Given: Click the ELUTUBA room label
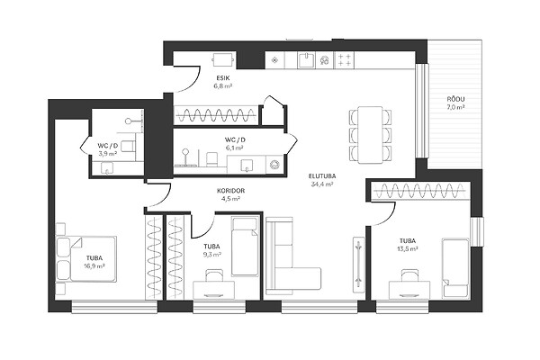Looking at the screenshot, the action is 322,176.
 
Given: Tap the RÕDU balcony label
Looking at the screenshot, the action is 455,99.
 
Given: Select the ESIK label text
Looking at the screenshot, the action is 223,78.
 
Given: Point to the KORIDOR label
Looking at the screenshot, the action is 230,191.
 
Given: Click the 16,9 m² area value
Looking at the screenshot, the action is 94,265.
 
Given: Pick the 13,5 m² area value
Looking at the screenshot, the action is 408,248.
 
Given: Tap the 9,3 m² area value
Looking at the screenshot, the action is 211,254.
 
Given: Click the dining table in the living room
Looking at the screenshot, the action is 370,135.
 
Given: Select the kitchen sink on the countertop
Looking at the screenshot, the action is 307,60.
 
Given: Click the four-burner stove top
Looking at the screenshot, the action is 344,59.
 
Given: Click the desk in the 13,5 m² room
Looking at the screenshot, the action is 409,290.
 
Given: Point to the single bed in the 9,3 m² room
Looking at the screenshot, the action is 245,246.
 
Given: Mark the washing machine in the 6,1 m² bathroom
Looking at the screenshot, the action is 274,165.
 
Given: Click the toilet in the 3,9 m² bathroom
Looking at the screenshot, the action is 128,146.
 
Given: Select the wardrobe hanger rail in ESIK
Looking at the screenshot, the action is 216,114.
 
